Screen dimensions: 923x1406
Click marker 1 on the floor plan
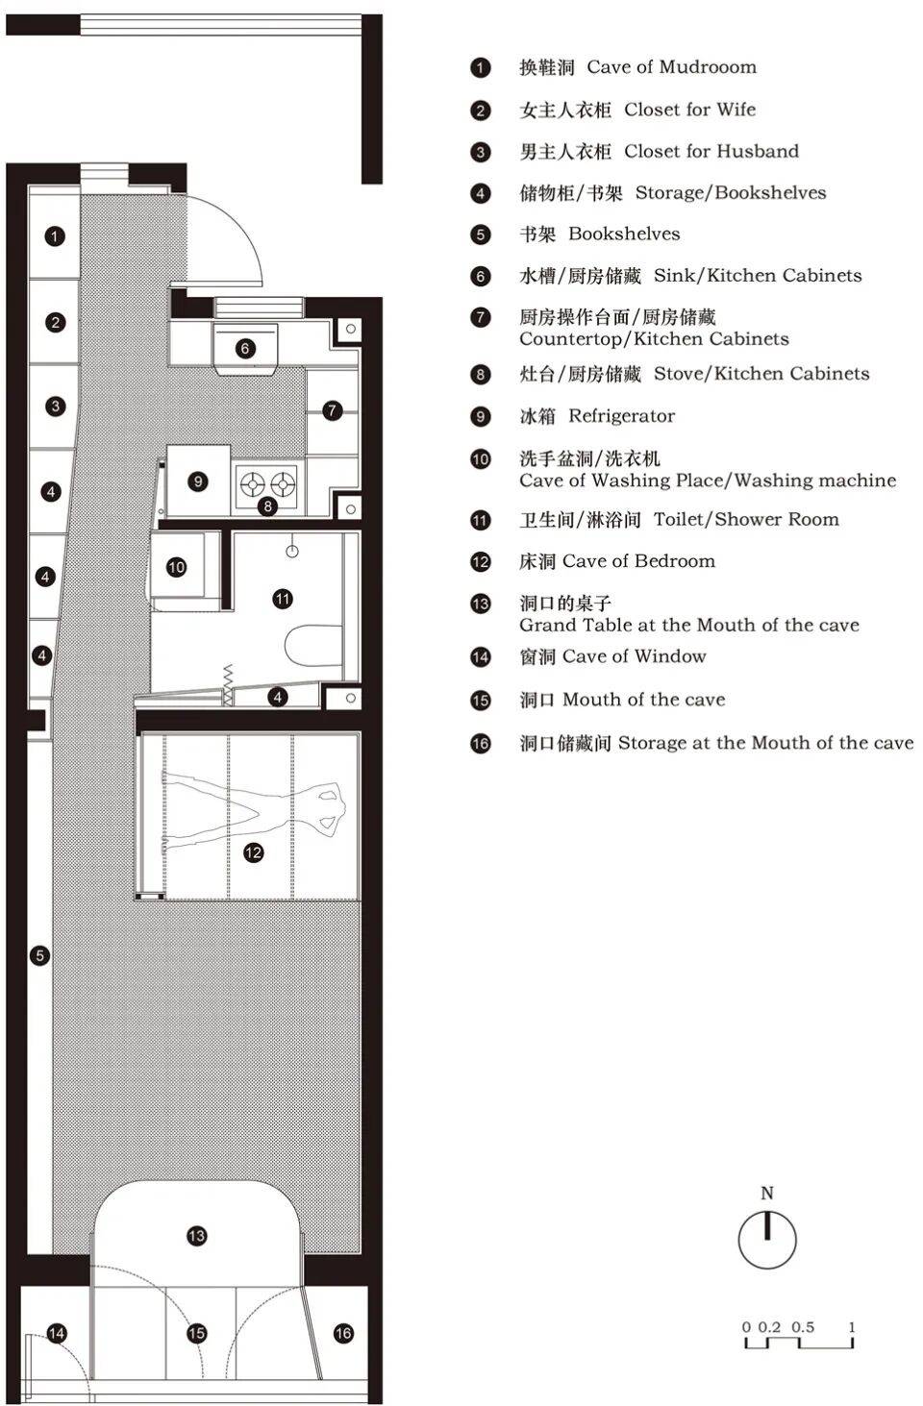point(55,236)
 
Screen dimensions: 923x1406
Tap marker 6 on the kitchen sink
point(245,348)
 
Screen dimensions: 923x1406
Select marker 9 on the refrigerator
point(198,481)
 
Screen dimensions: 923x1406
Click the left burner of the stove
point(253,484)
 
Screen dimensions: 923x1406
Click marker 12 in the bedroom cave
point(253,852)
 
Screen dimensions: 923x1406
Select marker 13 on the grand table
point(197,1236)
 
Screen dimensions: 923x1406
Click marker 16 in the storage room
point(343,1333)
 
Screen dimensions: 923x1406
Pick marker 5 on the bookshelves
point(39,956)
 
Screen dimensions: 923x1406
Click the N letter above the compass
point(766,1193)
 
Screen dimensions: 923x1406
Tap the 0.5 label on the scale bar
point(803,1327)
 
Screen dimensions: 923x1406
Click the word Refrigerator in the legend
point(622,416)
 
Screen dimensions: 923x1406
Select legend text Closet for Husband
point(711,151)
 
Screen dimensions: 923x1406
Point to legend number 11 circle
point(481,520)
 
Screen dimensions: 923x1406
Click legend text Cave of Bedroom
point(638,561)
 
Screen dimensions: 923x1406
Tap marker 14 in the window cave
point(57,1333)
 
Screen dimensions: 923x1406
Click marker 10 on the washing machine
point(177,567)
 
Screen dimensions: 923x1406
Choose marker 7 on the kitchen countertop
point(332,411)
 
